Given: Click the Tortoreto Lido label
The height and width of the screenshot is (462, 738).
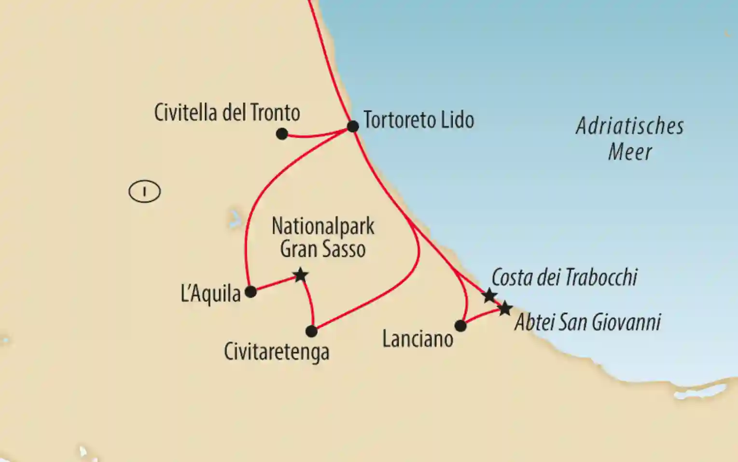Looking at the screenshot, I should [x=418, y=120].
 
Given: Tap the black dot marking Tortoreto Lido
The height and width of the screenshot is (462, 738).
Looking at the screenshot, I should [x=353, y=126].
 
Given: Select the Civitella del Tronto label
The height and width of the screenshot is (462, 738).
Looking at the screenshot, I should [x=227, y=113].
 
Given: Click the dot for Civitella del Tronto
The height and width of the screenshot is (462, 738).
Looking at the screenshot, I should [x=282, y=134].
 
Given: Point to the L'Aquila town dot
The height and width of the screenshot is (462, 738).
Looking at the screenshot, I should [x=251, y=291].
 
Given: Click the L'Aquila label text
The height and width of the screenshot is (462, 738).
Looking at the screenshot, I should [x=210, y=294].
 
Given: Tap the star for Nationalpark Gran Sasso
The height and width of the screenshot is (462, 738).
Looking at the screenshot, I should [x=300, y=275].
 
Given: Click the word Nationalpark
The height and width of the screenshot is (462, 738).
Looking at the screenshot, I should [x=323, y=226].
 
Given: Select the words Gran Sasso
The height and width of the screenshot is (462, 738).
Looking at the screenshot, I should [x=322, y=249].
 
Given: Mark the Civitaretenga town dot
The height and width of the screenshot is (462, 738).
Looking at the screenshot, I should [x=312, y=331].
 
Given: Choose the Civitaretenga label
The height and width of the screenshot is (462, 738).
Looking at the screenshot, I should [x=277, y=352].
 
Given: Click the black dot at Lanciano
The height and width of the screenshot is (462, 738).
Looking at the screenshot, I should [x=460, y=326].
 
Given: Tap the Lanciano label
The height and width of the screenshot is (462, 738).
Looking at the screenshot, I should [x=418, y=339].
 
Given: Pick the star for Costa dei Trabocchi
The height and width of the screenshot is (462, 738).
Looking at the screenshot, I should [x=489, y=295].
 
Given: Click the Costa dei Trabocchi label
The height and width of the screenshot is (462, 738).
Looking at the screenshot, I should [x=564, y=277].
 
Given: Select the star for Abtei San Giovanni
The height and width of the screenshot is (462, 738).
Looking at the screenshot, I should [x=505, y=308].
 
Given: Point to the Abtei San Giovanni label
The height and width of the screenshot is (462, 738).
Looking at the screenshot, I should [x=587, y=322].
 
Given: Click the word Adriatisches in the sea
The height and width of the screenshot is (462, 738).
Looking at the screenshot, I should [x=630, y=126].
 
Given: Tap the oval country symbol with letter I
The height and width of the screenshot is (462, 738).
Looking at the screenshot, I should [x=144, y=191].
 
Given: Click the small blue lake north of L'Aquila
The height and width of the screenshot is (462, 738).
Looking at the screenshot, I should [x=235, y=218].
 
